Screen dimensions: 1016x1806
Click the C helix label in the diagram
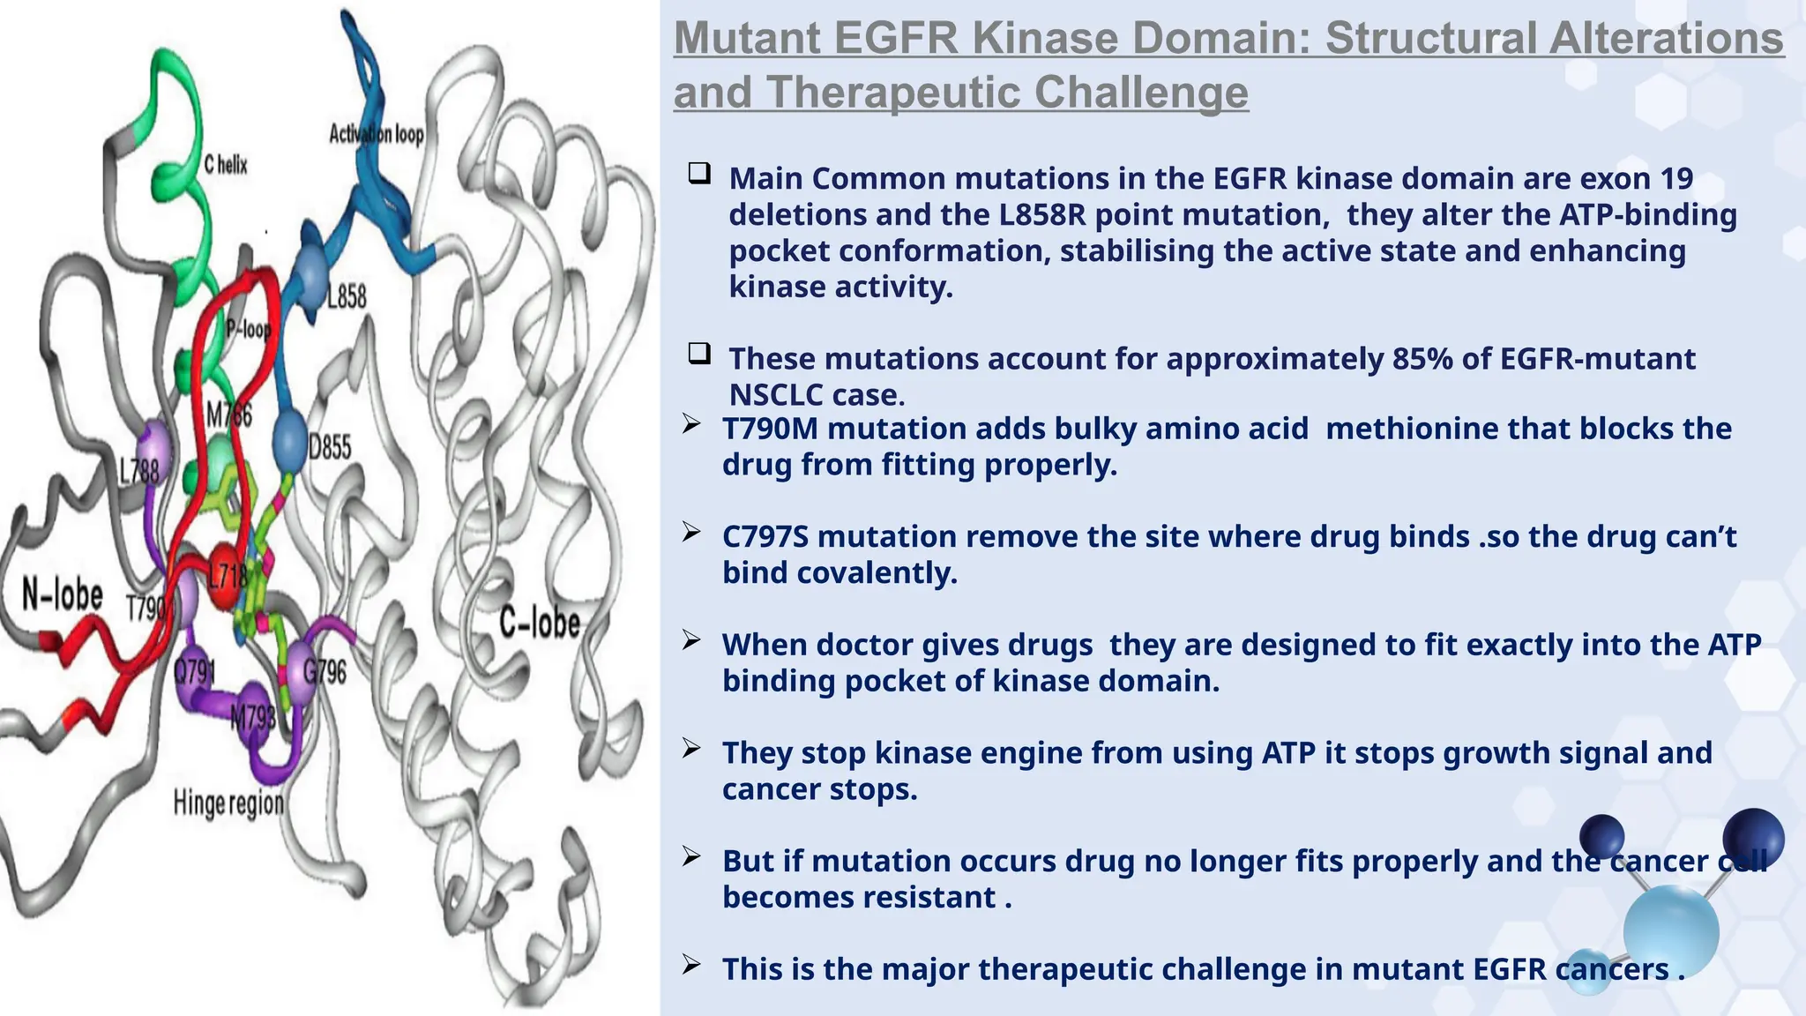tap(226, 165)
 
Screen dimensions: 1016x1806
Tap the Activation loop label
tap(377, 134)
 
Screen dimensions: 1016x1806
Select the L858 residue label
tap(347, 297)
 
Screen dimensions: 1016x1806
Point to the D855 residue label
tap(330, 448)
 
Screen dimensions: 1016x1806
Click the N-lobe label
tap(63, 595)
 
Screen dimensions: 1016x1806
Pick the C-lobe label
tap(540, 623)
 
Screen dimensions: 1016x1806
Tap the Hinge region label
tap(228, 803)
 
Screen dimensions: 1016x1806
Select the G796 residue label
tap(325, 673)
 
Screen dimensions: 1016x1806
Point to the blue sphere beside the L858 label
tap(310, 276)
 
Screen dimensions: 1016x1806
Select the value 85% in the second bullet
tap(1422, 359)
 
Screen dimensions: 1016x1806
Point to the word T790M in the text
tap(770, 429)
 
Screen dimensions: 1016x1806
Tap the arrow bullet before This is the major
tap(691, 966)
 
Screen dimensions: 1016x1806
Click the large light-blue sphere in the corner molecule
tap(1670, 931)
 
